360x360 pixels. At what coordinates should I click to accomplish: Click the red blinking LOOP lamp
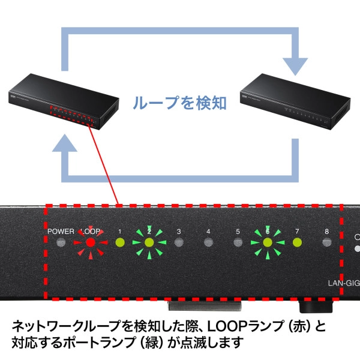pos(89,243)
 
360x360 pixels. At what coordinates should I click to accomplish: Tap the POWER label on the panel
pos(61,231)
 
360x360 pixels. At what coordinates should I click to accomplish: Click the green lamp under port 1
pos(119,243)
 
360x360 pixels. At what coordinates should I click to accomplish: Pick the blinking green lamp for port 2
pos(149,243)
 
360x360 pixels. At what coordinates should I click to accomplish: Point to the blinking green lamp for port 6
pos(267,243)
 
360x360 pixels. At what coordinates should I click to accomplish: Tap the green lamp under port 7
pos(296,243)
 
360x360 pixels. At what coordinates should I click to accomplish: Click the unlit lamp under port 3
pos(178,243)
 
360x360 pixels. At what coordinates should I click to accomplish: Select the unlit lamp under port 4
pos(208,243)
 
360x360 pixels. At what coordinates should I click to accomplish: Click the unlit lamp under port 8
pos(326,243)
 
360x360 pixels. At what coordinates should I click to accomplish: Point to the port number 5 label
pos(238,231)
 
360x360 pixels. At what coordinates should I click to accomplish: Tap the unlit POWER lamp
pos(60,243)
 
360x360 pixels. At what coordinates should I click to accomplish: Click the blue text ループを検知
pos(179,103)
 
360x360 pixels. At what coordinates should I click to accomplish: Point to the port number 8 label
pos(326,231)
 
